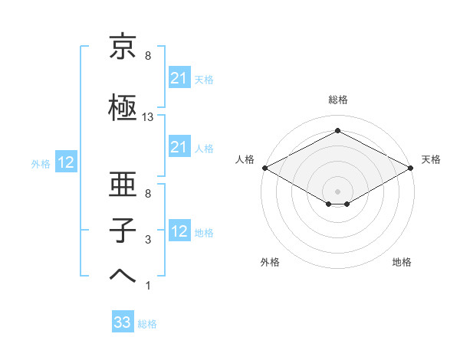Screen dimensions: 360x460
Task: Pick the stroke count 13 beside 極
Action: tap(148, 117)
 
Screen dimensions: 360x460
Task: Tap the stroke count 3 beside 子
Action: tap(148, 240)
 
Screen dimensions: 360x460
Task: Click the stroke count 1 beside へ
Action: tap(148, 286)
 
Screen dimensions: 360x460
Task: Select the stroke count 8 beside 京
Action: tap(148, 56)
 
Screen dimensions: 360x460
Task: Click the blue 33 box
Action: tap(123, 323)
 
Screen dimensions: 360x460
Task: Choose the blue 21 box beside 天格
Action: tap(179, 78)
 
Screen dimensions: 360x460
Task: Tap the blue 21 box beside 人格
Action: tap(179, 147)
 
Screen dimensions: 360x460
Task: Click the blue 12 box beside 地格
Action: tap(179, 231)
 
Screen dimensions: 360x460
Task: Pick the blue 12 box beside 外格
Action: tap(65, 162)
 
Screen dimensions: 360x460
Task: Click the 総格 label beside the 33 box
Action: tap(147, 324)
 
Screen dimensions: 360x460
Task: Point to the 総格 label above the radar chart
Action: tap(337, 100)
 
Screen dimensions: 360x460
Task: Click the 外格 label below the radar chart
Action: tap(270, 262)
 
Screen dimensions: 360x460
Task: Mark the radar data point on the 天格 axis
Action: tap(412, 168)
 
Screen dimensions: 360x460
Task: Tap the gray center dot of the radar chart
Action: tap(337, 190)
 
